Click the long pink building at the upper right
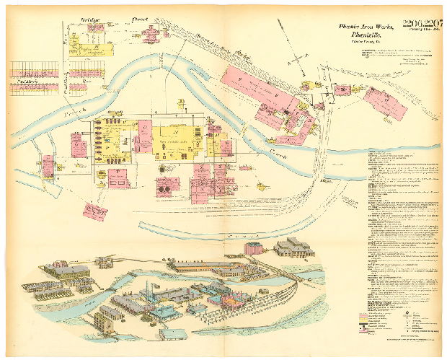click(258, 89)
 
